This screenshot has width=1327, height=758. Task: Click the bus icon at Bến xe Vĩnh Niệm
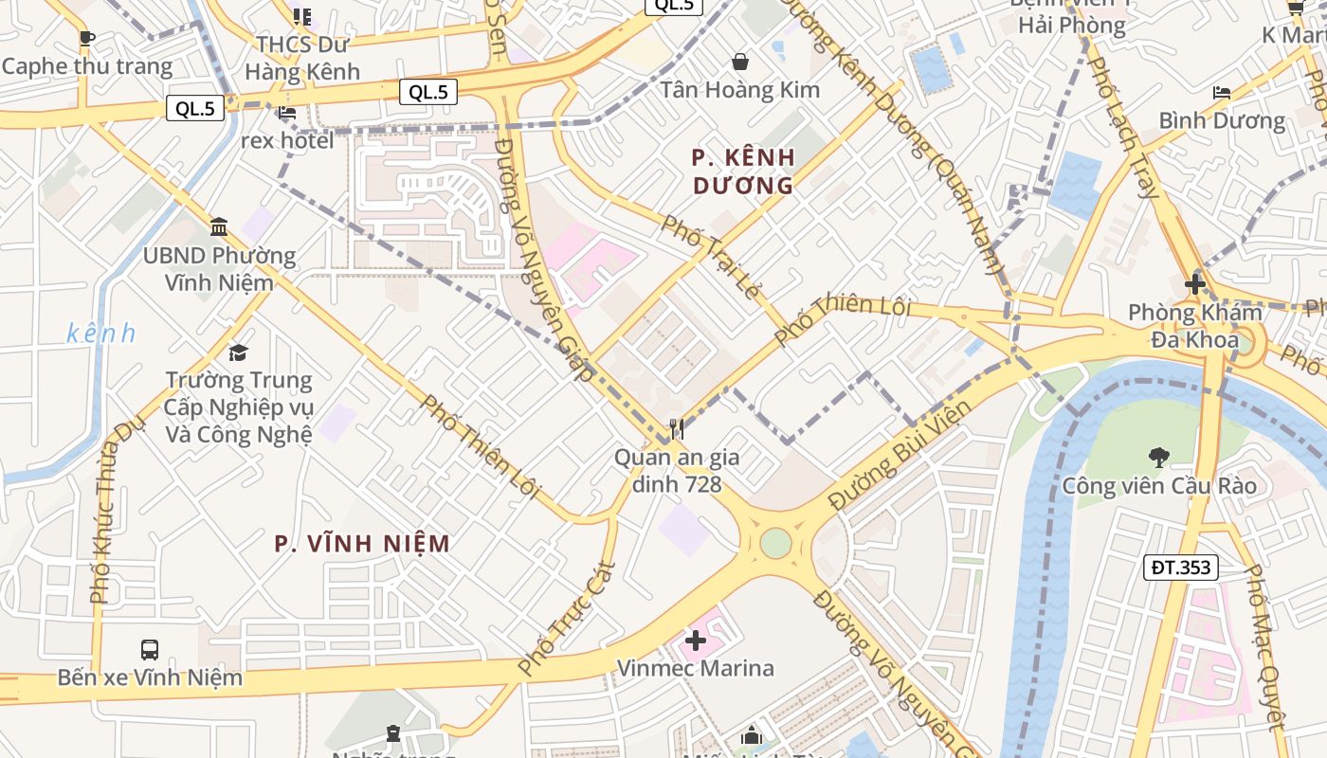pos(150,650)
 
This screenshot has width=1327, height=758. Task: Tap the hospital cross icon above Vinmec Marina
pos(696,641)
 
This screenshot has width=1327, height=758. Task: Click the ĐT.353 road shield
pos(1180,568)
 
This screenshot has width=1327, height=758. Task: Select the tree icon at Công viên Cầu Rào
pos(1158,458)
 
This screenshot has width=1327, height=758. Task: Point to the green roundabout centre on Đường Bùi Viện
pos(775,543)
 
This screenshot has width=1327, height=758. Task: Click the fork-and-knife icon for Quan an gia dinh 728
pos(676,429)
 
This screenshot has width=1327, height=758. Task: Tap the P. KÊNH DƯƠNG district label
pos(743,171)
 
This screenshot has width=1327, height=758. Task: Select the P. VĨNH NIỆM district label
pos(362,544)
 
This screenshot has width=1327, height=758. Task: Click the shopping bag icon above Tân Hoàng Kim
pos(739,63)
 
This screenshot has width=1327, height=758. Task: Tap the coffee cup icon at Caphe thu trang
pos(87,39)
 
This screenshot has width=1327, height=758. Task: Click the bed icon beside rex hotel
pos(287,113)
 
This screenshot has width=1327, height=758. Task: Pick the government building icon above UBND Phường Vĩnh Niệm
pos(219,226)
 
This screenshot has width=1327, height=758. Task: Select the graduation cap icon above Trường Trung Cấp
pos(238,352)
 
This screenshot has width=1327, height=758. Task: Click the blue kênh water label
pos(101,334)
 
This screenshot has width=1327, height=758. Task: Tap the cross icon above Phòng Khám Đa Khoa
pos(1194,283)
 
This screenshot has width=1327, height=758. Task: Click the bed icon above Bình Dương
pos(1222,92)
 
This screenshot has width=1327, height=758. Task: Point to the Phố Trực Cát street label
pos(568,619)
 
